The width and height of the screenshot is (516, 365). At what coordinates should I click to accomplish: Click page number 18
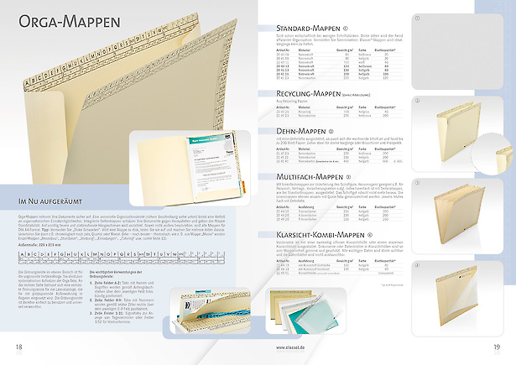[x=18, y=347]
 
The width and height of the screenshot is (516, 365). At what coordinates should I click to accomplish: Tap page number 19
[x=498, y=347]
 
